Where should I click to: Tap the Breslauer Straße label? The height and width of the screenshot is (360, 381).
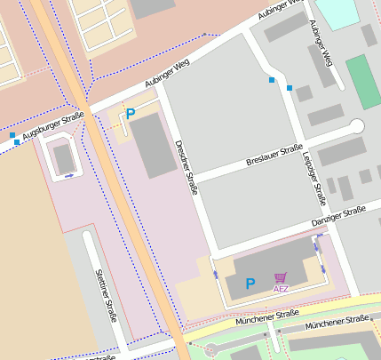tap(274, 156)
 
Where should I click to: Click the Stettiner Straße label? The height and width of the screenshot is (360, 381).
tap(106, 294)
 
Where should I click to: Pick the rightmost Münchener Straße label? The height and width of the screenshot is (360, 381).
tap(336, 324)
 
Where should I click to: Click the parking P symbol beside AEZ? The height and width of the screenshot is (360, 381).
tap(250, 284)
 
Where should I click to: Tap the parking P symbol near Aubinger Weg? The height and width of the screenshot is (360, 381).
tap(130, 114)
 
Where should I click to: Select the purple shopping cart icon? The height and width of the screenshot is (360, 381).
tap(281, 277)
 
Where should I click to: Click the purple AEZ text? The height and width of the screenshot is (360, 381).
tap(281, 289)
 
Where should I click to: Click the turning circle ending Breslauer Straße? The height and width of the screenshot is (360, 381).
tap(357, 126)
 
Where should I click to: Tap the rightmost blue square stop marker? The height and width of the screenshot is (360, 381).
tap(290, 87)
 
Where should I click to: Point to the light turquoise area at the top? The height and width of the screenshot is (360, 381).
tap(337, 12)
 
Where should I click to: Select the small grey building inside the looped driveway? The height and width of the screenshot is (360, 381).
tap(63, 159)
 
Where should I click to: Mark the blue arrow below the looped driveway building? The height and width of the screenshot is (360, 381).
tap(69, 176)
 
